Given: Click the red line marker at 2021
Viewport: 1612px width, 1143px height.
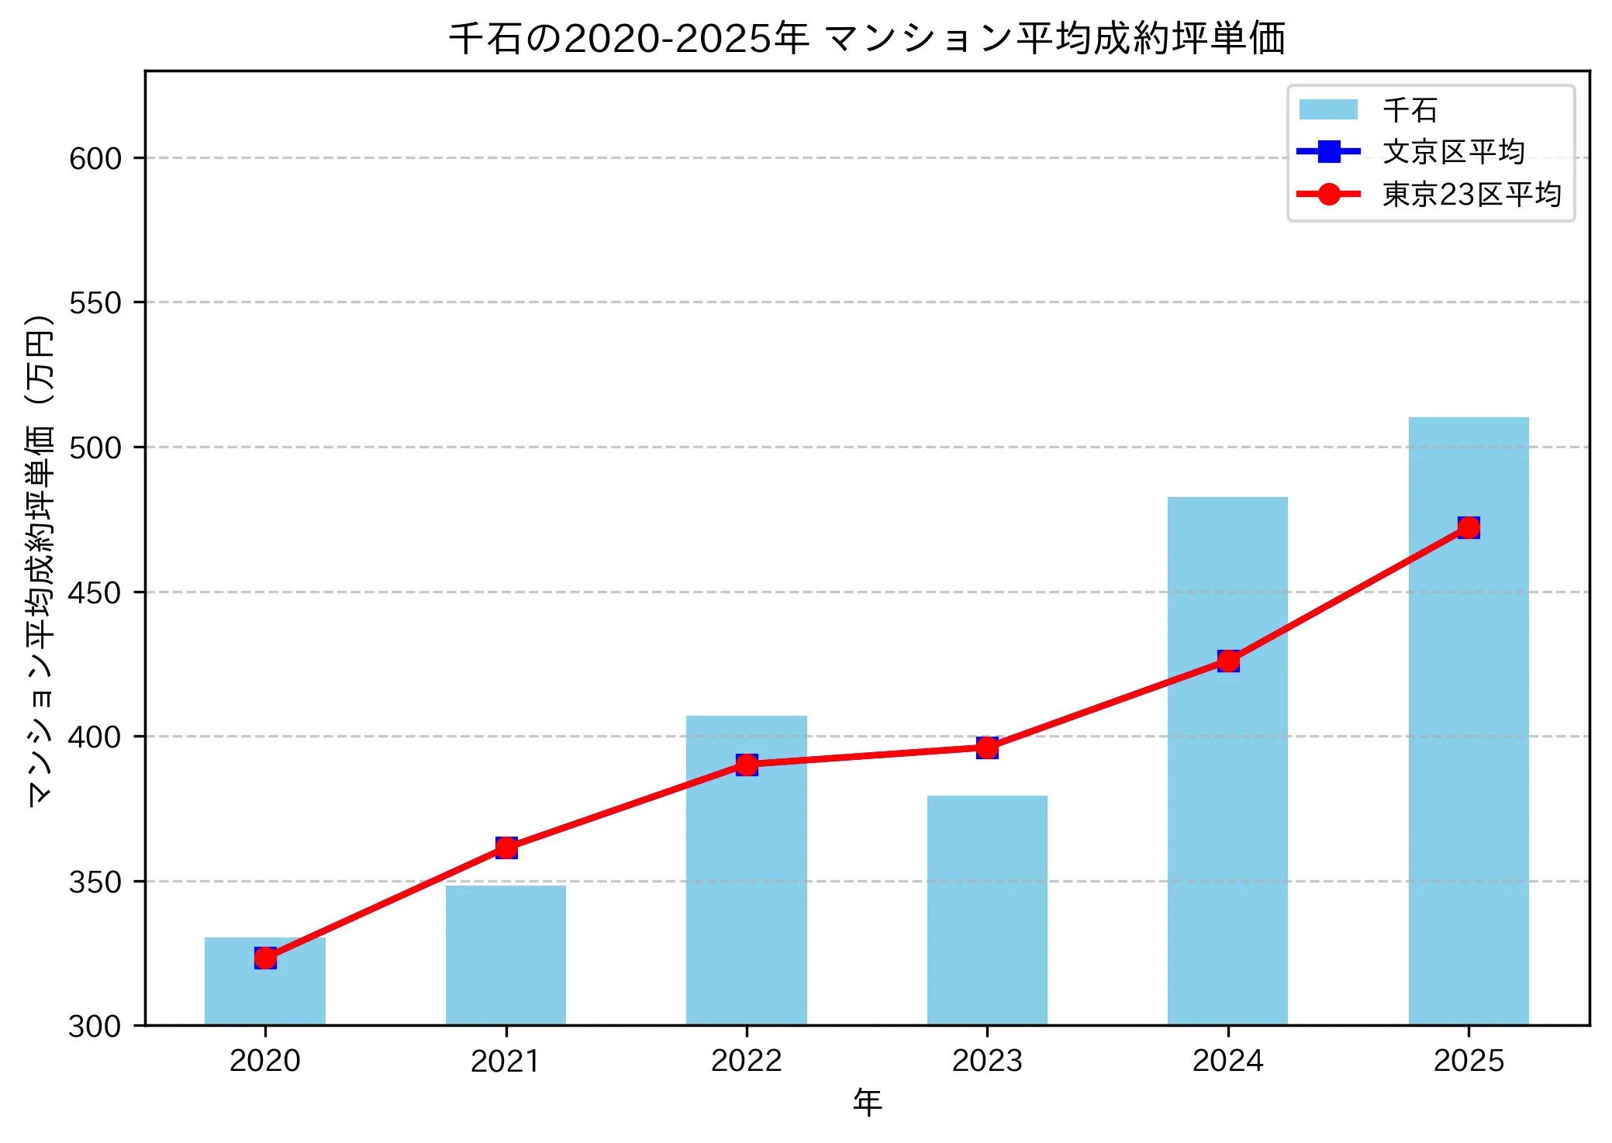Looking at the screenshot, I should pyautogui.click(x=506, y=848).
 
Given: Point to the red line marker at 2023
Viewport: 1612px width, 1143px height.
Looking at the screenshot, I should pyautogui.click(x=987, y=748).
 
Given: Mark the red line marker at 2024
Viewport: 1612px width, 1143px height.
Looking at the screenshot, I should pyautogui.click(x=1228, y=661).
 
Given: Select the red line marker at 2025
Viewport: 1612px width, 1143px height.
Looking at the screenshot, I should pyautogui.click(x=1469, y=527).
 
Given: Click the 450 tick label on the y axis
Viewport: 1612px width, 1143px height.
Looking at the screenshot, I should pyautogui.click(x=95, y=592).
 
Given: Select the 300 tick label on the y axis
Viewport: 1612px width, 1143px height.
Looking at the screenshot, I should pyautogui.click(x=95, y=1026).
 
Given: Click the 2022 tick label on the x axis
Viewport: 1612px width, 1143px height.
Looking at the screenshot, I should pyautogui.click(x=746, y=1060).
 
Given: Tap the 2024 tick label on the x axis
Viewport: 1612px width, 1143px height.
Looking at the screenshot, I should pyautogui.click(x=1227, y=1060).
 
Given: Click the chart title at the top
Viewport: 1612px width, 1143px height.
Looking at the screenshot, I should pyautogui.click(x=867, y=39).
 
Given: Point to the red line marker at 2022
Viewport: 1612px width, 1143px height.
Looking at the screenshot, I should pyautogui.click(x=747, y=765).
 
